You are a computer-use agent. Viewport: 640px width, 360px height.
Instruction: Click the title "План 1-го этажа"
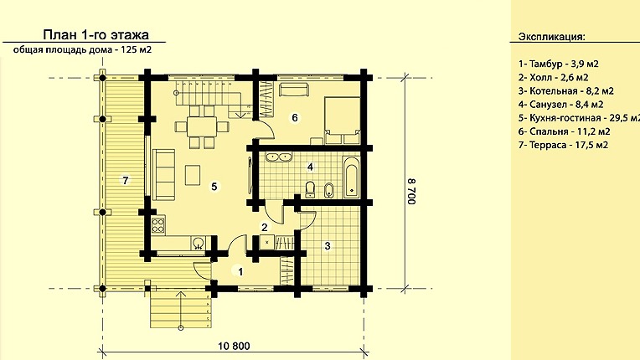pyautogui.click(x=96, y=34)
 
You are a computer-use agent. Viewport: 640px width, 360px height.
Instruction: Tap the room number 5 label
pyautogui.click(x=214, y=187)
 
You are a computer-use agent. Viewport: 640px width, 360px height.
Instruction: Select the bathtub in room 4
pyautogui.click(x=351, y=177)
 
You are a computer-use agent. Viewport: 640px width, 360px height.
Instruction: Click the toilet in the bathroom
pyautogui.click(x=310, y=189)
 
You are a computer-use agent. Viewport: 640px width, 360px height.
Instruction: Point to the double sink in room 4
pyautogui.click(x=278, y=157)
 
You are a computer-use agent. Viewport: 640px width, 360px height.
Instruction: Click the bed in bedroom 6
pyautogui.click(x=342, y=121)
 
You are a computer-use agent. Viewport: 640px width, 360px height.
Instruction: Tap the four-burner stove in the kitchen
pyautogui.click(x=158, y=225)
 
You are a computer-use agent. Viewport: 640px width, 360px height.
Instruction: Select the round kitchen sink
pyautogui.click(x=199, y=244)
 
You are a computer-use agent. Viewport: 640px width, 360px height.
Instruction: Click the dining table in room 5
pyautogui.click(x=202, y=126)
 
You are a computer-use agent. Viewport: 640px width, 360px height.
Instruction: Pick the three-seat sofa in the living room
pyautogui.click(x=163, y=174)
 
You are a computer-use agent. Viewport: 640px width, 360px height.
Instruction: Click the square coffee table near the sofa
pyautogui.click(x=192, y=175)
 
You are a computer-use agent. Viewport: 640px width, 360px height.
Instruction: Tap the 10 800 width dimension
pyautogui.click(x=234, y=346)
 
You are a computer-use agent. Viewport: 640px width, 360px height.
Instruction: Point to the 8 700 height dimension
pyautogui.click(x=411, y=191)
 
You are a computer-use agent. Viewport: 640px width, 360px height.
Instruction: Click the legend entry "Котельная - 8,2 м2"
pyautogui.click(x=566, y=91)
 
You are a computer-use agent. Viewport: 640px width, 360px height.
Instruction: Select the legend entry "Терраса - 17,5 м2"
pyautogui.click(x=563, y=145)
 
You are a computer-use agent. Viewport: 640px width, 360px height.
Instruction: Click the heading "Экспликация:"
pyautogui.click(x=551, y=37)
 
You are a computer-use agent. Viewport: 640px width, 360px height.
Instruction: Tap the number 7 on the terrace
pyautogui.click(x=126, y=180)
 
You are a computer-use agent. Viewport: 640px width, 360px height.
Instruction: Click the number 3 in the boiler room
pyautogui.click(x=328, y=246)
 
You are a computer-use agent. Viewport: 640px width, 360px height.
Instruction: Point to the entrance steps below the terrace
pyautogui.click(x=180, y=309)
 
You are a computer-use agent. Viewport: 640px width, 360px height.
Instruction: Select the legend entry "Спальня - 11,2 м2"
pyautogui.click(x=564, y=131)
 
